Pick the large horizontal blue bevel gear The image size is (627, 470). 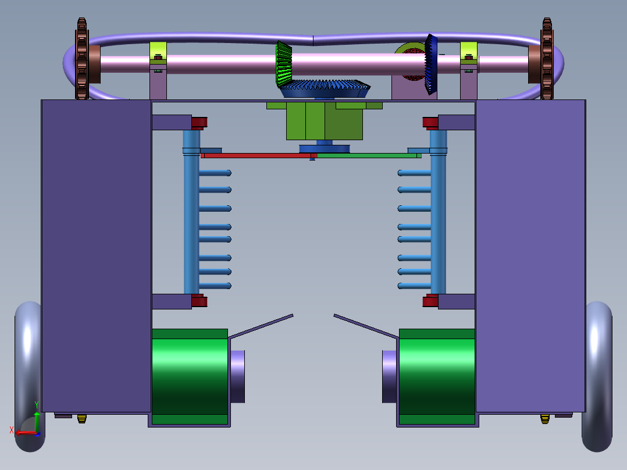(325, 89)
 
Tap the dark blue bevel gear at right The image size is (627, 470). (430, 64)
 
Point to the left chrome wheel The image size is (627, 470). (27, 375)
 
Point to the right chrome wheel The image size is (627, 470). (597, 375)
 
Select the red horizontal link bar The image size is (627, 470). (256, 156)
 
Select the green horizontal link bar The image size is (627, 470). (366, 156)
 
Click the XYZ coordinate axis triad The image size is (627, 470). (28, 426)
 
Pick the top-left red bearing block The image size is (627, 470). (199, 122)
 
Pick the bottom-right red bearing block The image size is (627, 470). (430, 300)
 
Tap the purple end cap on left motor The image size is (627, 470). (237, 376)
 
